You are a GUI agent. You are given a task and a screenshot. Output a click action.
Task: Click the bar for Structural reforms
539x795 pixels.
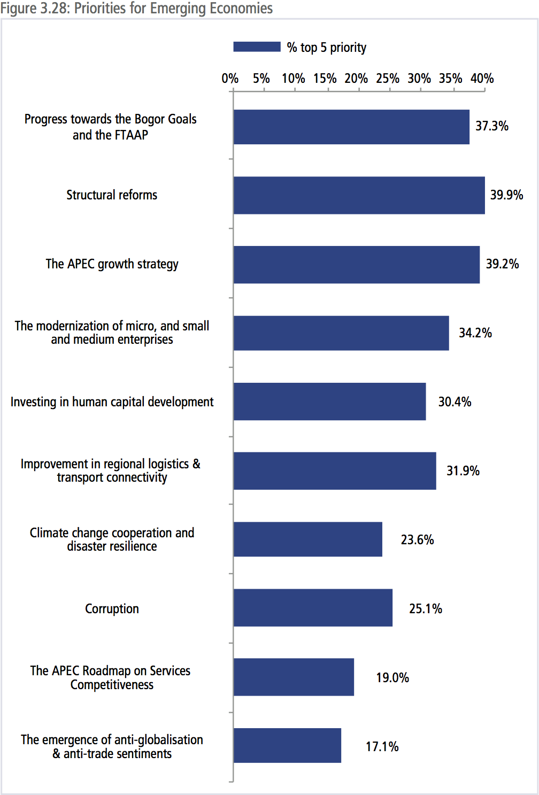pos(359,195)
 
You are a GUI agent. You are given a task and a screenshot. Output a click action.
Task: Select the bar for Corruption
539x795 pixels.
pos(313,608)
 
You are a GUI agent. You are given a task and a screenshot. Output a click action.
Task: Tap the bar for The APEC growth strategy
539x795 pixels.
pos(356,264)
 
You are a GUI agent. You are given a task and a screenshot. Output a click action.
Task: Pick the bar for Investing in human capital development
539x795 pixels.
pos(329,402)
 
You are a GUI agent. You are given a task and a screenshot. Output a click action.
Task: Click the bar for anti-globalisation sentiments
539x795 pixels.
pos(287,745)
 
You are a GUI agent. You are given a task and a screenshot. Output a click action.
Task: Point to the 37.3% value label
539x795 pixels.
pos(492,126)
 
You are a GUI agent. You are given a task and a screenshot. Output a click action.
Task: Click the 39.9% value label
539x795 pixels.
pos(506,195)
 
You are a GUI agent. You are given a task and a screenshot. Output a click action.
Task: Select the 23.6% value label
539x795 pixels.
pos(417,539)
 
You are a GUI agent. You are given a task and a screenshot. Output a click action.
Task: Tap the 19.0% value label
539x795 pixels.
pos(392,677)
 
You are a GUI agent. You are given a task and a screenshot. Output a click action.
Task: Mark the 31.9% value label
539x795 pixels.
pos(463,470)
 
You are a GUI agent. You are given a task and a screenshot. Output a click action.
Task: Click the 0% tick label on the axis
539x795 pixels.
pos(230,79)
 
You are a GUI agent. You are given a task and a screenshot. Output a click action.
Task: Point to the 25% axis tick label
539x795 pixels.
pos(388,79)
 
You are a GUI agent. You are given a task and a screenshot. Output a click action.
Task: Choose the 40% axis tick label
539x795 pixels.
pos(482,79)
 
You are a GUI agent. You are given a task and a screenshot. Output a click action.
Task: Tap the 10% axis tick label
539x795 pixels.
pos(294,79)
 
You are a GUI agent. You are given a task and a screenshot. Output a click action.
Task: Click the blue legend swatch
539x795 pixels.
pos(257,47)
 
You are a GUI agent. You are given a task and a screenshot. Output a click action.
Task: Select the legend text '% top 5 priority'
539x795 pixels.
pos(327,48)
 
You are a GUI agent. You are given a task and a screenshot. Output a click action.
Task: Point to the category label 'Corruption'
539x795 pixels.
pos(112,608)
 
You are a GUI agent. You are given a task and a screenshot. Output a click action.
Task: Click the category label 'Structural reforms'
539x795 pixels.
pos(112,195)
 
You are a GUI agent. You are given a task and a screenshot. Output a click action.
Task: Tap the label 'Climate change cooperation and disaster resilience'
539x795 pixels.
pos(112,539)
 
